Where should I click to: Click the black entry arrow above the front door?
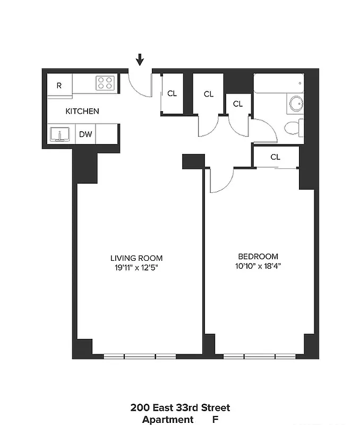coord(140,59)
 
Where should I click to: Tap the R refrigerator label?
coord(59,85)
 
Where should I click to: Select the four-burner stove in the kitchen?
coord(105,83)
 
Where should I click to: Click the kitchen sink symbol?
coord(60,134)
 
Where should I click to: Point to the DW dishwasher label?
coord(85,134)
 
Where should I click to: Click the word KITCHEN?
coord(82,112)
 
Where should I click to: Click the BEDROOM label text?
coord(258,256)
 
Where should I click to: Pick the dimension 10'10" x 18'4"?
coord(258,266)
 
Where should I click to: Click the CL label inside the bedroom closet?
coord(275,157)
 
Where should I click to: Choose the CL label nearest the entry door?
coord(172,93)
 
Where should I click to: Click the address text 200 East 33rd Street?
coord(180,408)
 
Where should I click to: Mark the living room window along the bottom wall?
coord(140,356)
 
